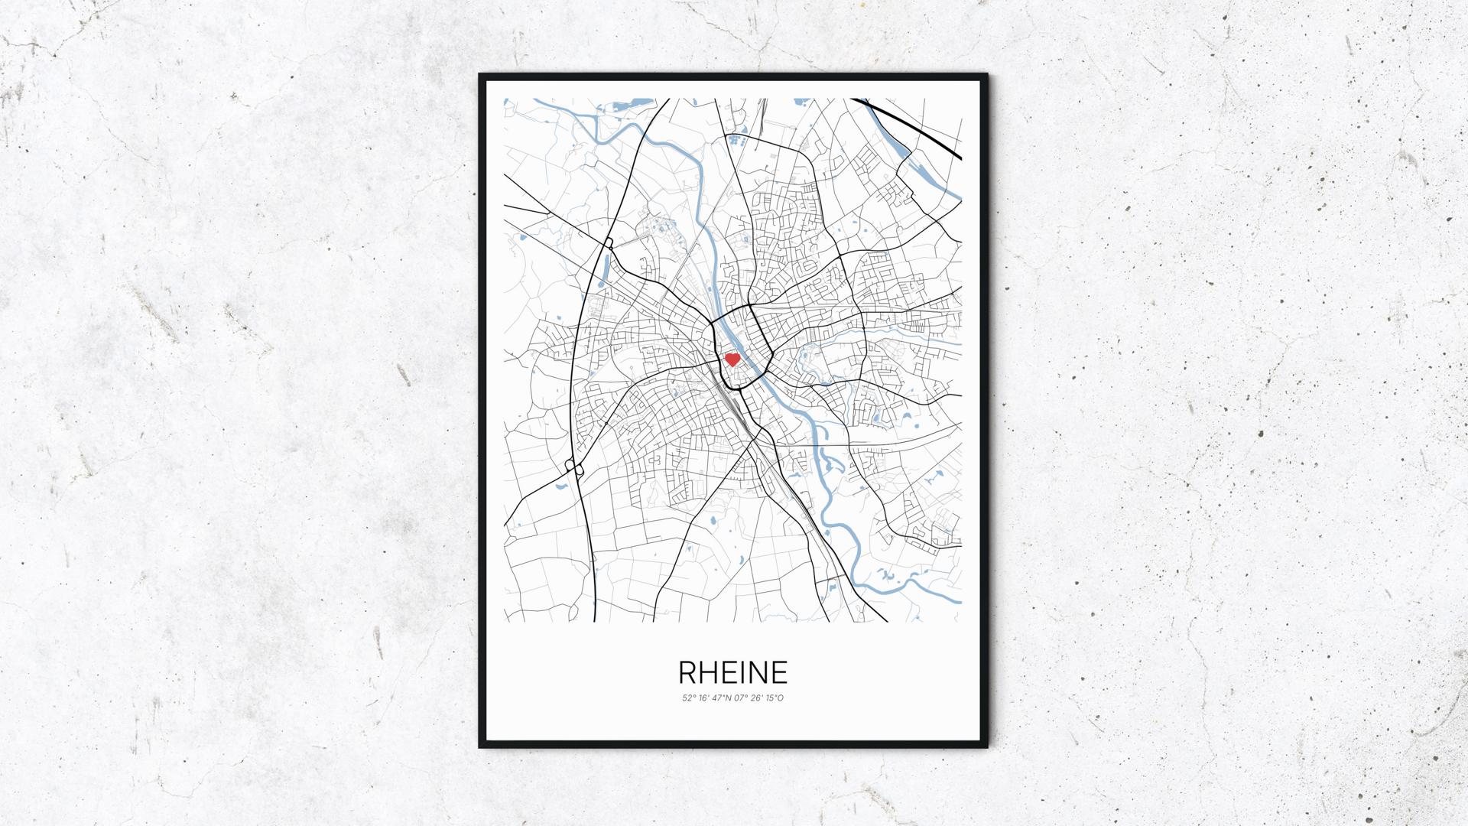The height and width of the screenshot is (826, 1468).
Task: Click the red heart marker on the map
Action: pos(732,358)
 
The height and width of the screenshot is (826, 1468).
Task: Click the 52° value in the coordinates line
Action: pos(688,698)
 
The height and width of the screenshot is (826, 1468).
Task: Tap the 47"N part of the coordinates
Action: pos(721,698)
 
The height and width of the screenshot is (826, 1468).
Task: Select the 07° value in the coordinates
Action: pos(740,698)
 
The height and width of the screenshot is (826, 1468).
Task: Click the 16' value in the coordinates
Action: pos(703,698)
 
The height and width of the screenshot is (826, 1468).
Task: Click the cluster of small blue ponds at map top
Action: pos(736,141)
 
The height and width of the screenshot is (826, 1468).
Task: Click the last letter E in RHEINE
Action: pos(779,672)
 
